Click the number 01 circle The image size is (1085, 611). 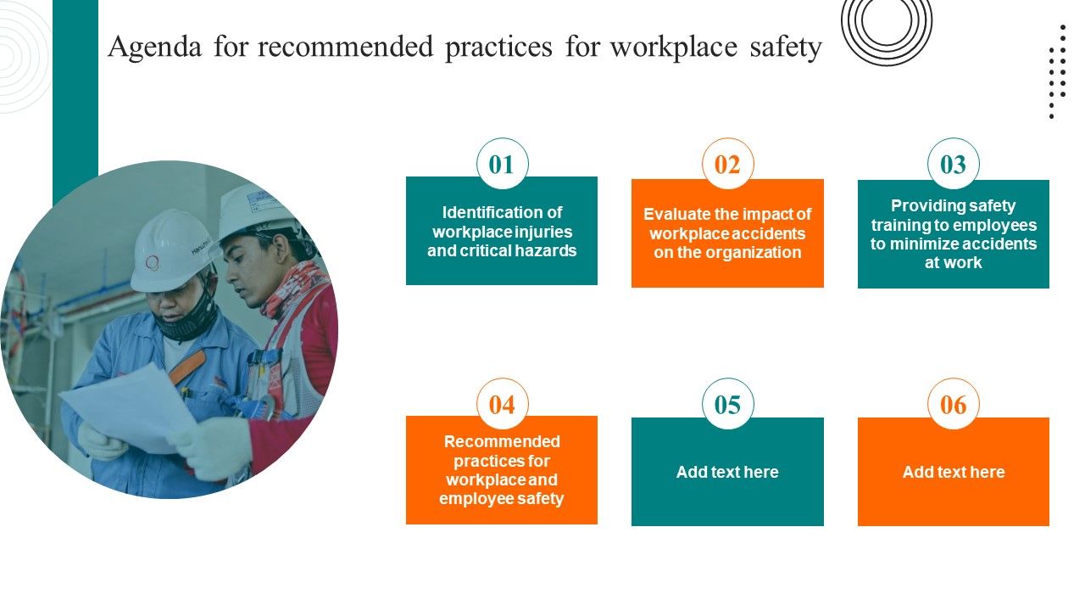point(502,164)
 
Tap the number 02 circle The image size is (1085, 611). point(727,164)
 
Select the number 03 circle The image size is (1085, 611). point(953,164)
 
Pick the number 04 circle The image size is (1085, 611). point(502,404)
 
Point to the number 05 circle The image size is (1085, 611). point(727,404)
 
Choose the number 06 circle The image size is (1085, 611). point(953,404)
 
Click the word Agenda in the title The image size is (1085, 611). point(154,48)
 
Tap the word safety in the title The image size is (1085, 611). point(785,48)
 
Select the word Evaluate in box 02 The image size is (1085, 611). point(670,215)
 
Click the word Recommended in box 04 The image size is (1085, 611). point(502,441)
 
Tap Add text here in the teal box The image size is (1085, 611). point(727,472)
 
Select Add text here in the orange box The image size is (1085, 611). point(953,472)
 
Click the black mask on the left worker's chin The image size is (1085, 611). point(188,323)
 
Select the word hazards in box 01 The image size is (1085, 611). point(548,250)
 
